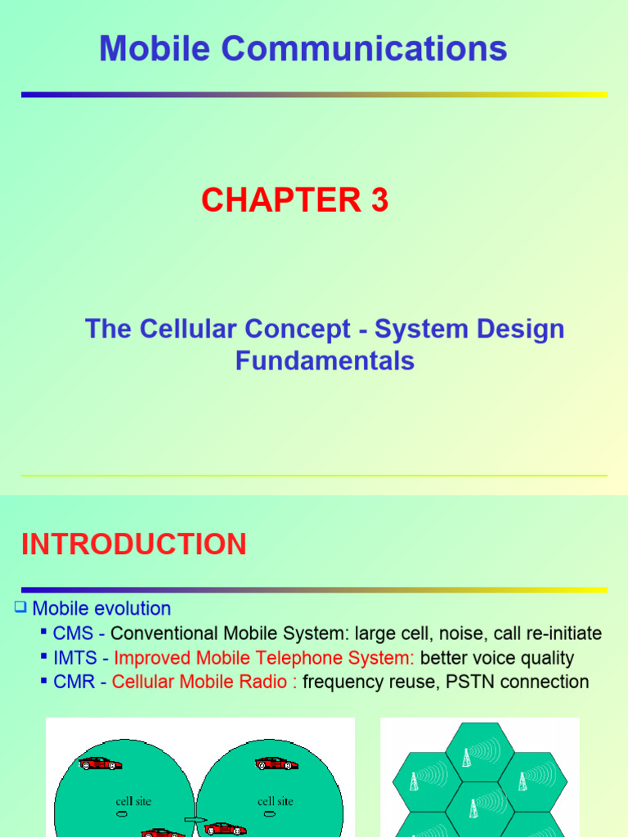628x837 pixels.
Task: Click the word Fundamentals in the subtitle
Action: tap(325, 360)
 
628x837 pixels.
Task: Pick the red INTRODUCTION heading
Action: tap(134, 544)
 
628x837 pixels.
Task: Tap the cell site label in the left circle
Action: tap(134, 801)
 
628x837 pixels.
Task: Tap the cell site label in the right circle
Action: tap(276, 801)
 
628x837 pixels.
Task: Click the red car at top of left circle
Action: tap(101, 763)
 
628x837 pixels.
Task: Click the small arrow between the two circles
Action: tap(195, 819)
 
